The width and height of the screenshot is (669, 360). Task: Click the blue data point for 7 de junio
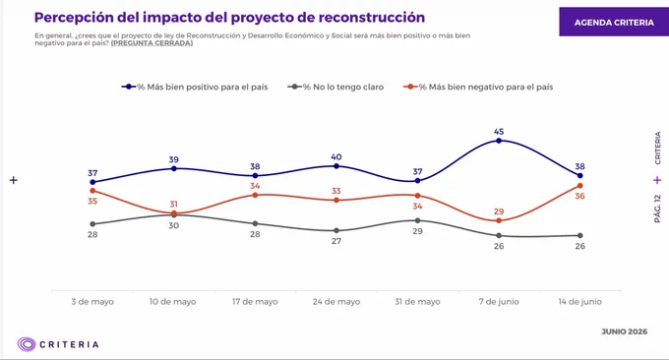pyautogui.click(x=499, y=141)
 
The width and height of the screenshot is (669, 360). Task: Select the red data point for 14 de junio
pyautogui.click(x=579, y=186)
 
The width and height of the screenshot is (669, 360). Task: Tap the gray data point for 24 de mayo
pyautogui.click(x=336, y=231)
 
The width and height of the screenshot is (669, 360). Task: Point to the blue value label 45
pyautogui.click(x=499, y=132)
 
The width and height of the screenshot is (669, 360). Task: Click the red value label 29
pyautogui.click(x=499, y=211)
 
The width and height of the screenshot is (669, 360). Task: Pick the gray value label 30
pyautogui.click(x=173, y=225)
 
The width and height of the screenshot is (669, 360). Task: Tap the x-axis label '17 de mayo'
pyautogui.click(x=255, y=302)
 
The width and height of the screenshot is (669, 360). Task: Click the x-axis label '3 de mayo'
pyautogui.click(x=92, y=302)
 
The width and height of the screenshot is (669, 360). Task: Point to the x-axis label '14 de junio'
pyautogui.click(x=579, y=302)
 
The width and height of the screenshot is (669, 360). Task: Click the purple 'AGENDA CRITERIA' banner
pyautogui.click(x=614, y=22)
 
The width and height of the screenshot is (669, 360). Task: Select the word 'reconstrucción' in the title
pyautogui.click(x=372, y=17)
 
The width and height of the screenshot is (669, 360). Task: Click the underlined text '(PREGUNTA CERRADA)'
pyautogui.click(x=152, y=43)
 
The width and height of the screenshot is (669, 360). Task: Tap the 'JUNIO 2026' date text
pyautogui.click(x=624, y=331)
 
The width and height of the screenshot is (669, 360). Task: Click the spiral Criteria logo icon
pyautogui.click(x=27, y=344)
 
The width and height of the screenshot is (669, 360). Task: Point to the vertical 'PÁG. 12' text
pyautogui.click(x=657, y=209)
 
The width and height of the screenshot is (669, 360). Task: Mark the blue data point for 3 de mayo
pyautogui.click(x=92, y=182)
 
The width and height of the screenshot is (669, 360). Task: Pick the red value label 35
pyautogui.click(x=92, y=201)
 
